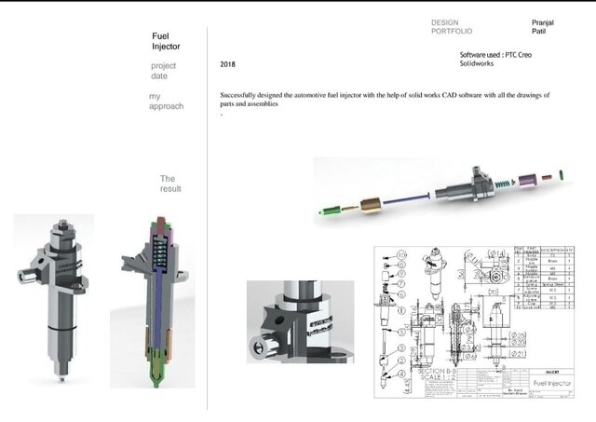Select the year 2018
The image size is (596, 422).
click(x=228, y=65)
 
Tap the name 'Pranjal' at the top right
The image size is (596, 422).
click(x=544, y=21)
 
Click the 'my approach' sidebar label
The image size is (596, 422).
click(x=166, y=102)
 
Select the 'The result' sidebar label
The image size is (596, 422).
click(x=169, y=184)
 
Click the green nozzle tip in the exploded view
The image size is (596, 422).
click(x=321, y=211)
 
